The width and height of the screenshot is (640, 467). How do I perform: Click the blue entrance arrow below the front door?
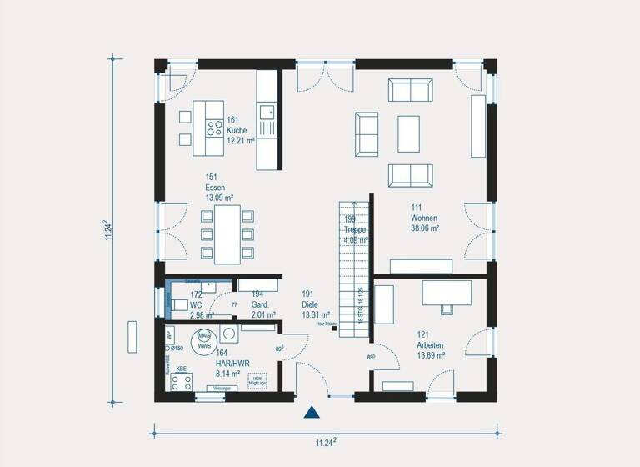(x=312, y=411)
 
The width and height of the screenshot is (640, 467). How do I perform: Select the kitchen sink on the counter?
(x=267, y=111)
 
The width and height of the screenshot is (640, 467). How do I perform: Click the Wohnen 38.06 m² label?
(x=424, y=217)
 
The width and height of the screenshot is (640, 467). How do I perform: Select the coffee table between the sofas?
(x=408, y=133)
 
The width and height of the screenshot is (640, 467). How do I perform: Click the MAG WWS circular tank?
(x=202, y=339)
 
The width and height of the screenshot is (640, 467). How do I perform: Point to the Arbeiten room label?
(x=431, y=344)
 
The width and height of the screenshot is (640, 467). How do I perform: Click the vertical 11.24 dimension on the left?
(x=107, y=231)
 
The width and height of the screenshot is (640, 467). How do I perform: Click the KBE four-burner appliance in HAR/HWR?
(x=181, y=382)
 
